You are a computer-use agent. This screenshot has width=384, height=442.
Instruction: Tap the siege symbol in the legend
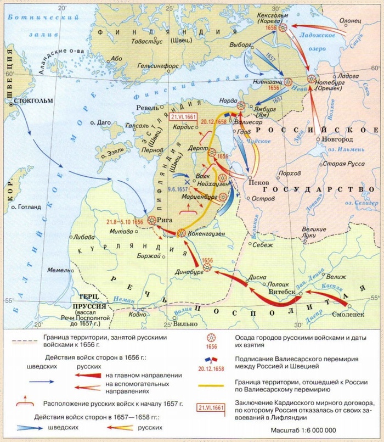[x=210, y=338]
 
